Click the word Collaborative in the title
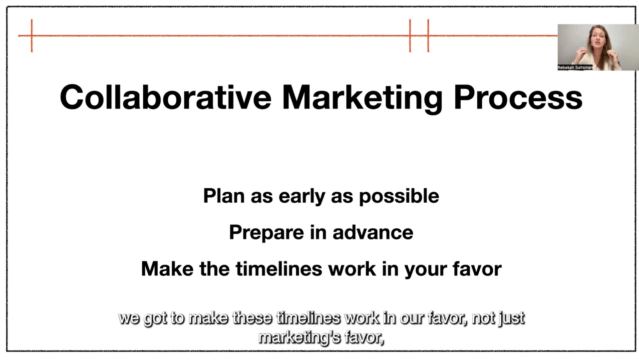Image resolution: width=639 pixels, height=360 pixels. [165, 97]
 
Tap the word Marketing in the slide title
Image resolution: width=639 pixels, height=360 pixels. [362, 99]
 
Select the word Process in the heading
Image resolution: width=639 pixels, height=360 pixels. [518, 97]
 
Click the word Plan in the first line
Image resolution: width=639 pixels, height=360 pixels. [224, 196]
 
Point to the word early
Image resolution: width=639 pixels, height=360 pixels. [302, 197]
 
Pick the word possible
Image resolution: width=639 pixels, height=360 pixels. [399, 197]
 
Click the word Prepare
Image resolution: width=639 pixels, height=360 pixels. [267, 233]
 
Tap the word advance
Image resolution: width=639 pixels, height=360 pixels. [373, 232]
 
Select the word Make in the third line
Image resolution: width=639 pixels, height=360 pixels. [167, 269]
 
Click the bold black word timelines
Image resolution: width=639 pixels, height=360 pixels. [279, 269]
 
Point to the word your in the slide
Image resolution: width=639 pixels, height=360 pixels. [425, 270]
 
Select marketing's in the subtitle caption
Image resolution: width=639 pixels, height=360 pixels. [299, 338]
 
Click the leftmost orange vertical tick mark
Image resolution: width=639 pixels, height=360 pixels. [31, 35]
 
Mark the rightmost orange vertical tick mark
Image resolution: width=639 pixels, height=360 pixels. [428, 35]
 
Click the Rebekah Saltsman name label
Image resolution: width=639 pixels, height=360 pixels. [575, 67]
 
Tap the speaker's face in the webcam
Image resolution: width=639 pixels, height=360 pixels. [598, 39]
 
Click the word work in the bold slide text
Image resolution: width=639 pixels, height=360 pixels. [352, 269]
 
